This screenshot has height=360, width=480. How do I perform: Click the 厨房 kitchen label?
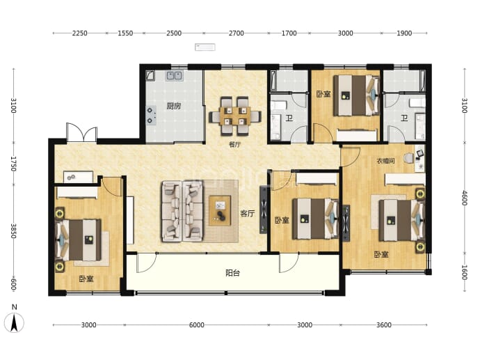174,106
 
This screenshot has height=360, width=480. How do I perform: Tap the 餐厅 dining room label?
235,145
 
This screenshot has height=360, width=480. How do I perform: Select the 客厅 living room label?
248,213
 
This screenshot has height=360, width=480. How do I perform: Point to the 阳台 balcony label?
232,273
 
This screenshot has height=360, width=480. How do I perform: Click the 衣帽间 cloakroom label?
385,161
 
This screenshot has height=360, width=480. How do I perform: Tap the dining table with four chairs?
235,116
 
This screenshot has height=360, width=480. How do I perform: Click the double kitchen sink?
175,75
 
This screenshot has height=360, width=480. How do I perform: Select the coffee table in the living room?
220,211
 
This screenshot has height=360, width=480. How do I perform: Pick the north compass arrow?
14,323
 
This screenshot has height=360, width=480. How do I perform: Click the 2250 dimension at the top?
79,33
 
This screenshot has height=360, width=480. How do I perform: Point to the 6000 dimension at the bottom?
197,324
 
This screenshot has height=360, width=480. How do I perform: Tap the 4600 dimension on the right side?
465,198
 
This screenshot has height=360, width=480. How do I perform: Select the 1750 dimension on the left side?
13,164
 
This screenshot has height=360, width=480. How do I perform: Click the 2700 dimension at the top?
237,33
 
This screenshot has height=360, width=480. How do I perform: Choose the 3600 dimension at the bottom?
384,324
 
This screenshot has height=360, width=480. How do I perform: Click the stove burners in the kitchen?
151,116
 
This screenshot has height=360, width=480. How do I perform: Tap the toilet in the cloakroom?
408,158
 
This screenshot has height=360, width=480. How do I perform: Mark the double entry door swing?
81,132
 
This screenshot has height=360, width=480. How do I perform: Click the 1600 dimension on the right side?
465,273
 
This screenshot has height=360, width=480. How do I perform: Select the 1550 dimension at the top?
125,33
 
